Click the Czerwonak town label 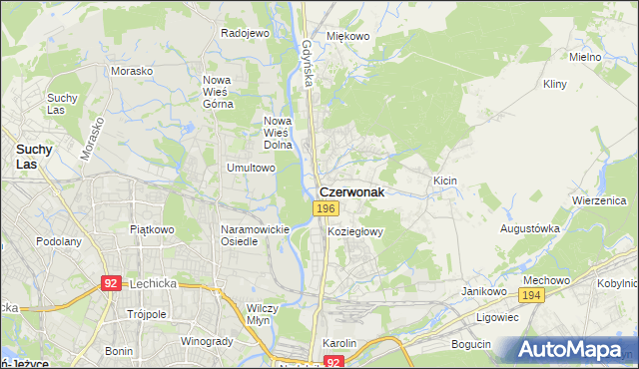[x=350, y=191]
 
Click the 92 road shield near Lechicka [x=111, y=283]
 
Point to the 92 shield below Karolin [x=334, y=362]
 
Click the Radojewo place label [x=245, y=33]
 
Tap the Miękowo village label [x=348, y=36]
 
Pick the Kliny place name [x=555, y=85]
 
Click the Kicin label [x=444, y=181]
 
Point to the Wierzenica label [x=598, y=199]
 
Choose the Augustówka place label [x=529, y=228]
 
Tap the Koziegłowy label [x=355, y=231]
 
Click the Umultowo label [x=251, y=169]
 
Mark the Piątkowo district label [x=152, y=229]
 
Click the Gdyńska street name [x=308, y=62]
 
